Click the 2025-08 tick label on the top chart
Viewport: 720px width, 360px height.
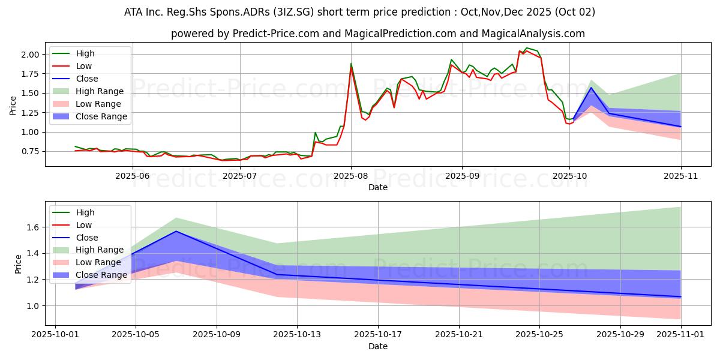click(351, 176)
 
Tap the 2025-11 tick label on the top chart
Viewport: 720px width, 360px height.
click(680, 176)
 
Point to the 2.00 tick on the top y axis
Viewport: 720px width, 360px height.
click(31, 55)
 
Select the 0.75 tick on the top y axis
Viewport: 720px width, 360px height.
click(31, 151)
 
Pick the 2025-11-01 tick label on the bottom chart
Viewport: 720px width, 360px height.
click(680, 334)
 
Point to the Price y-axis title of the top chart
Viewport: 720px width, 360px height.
click(13, 106)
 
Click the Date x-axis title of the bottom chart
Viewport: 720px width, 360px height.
click(377, 346)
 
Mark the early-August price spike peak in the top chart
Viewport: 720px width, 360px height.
click(351, 64)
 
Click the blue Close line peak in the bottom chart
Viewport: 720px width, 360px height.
click(176, 231)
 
